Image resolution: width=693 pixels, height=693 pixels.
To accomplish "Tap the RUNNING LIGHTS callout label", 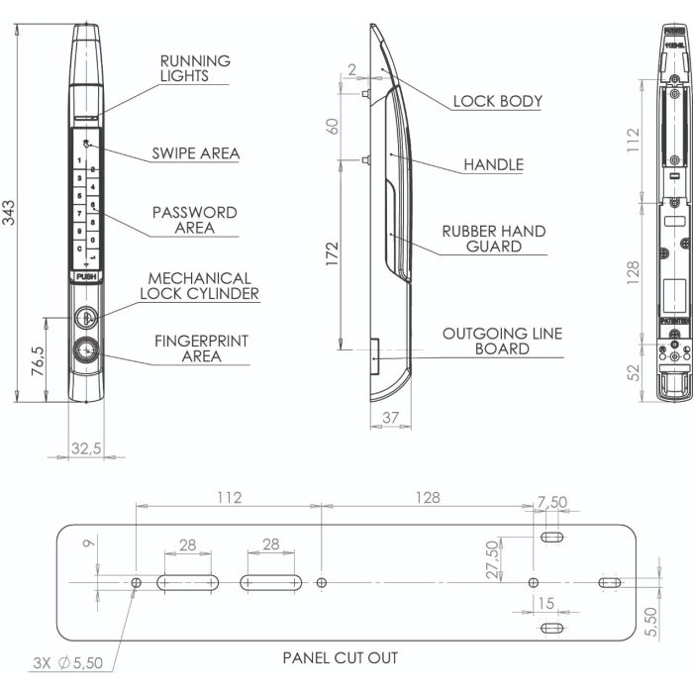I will tap(195, 68).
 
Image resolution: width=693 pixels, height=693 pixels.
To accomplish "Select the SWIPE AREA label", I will tap(195, 153).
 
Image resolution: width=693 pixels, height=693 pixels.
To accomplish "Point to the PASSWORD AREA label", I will tap(194, 220).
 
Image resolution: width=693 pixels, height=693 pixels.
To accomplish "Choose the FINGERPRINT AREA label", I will tap(201, 348).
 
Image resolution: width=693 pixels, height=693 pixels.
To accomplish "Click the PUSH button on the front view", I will tap(86, 278).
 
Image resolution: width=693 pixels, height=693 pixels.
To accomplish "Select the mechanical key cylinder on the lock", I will tap(86, 318).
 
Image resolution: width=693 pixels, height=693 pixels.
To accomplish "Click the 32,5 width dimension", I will tap(87, 448).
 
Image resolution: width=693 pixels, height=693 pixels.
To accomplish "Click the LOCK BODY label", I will tap(497, 101).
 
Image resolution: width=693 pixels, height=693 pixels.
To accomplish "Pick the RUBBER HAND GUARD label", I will tap(494, 239).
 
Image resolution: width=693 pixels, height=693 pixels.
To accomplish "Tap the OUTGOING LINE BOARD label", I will tap(501, 342).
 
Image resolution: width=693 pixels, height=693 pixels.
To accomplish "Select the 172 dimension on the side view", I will tap(332, 253).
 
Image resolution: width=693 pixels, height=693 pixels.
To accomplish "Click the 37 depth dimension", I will tap(390, 419).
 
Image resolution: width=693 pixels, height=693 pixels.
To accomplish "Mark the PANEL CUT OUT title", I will tap(341, 656).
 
